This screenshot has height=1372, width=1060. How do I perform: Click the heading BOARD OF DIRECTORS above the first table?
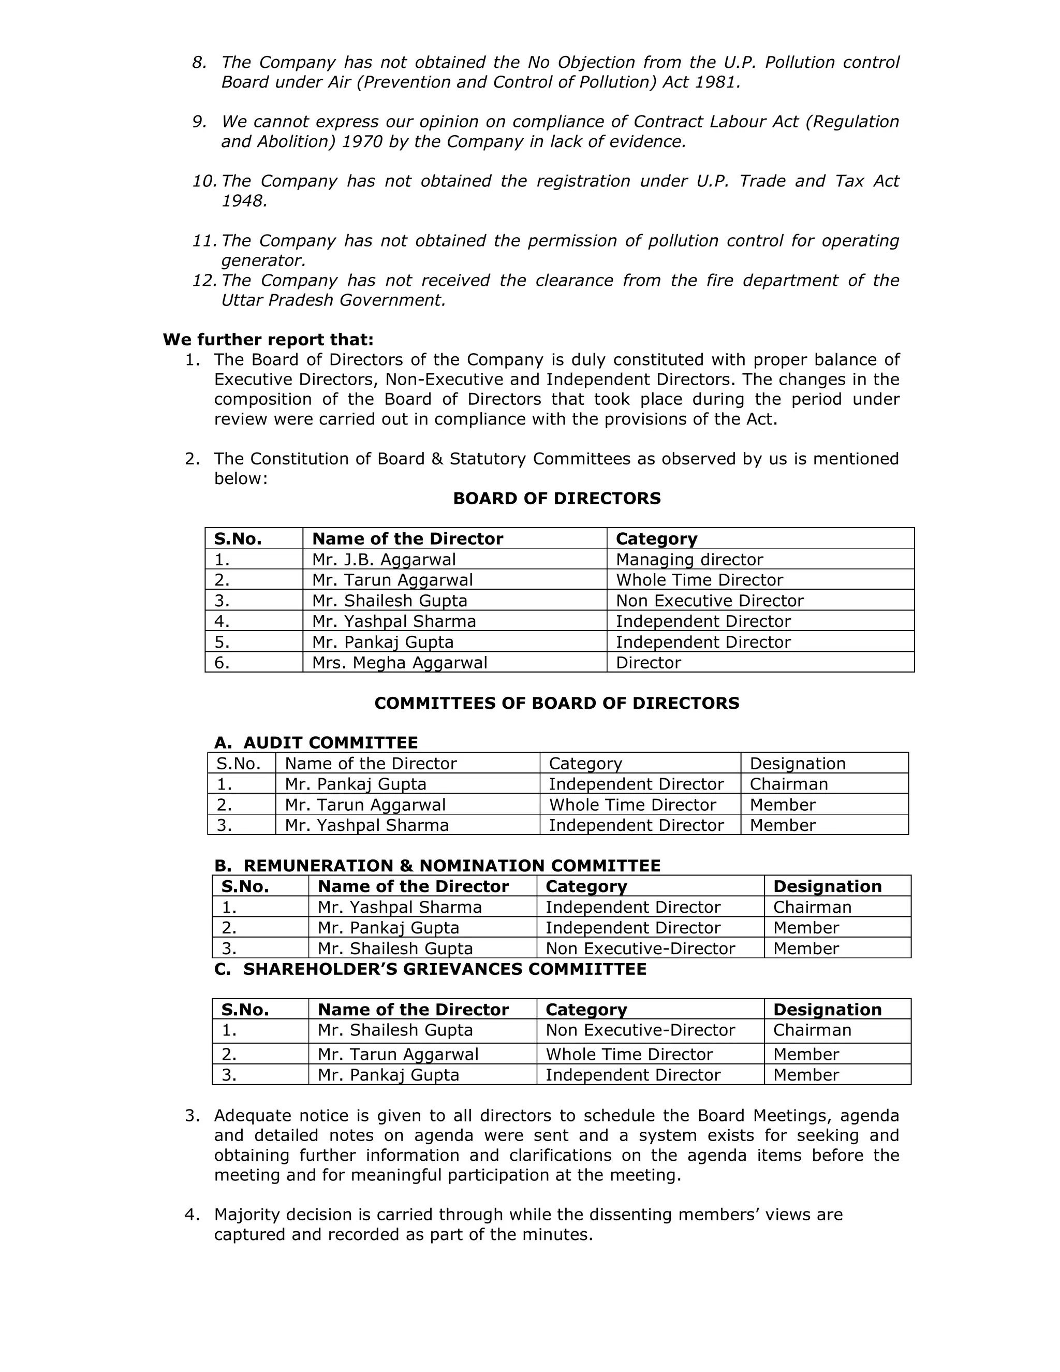(556, 498)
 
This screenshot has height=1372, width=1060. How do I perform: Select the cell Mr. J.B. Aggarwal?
(384, 559)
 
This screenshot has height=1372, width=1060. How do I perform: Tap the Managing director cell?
(689, 559)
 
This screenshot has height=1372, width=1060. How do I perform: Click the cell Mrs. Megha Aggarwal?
(400, 662)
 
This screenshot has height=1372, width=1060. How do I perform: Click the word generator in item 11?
(262, 260)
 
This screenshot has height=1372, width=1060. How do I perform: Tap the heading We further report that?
(268, 340)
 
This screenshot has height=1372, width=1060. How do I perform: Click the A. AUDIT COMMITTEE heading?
(316, 742)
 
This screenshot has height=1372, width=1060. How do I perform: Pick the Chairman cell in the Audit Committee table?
(788, 784)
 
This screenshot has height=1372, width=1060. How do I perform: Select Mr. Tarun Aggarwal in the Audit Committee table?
(365, 805)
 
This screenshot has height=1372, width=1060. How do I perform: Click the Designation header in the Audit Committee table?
(797, 763)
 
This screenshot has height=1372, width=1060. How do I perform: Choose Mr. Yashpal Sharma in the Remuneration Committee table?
(400, 907)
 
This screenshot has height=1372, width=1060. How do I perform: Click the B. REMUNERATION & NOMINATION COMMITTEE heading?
(437, 866)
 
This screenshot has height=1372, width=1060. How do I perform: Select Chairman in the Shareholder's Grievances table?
(812, 1030)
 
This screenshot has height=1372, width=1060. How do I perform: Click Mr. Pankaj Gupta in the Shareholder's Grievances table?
(388, 1075)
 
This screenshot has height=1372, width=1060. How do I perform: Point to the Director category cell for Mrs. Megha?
(648, 662)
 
